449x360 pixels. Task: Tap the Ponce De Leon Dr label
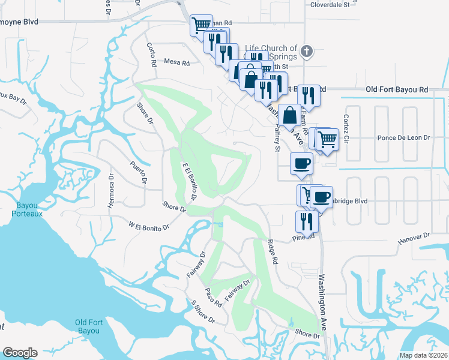[404, 137]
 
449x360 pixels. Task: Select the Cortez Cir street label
[346, 125]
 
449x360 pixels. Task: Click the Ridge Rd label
[273, 252]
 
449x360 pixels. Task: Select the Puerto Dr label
[140, 173]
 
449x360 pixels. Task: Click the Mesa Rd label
[176, 62]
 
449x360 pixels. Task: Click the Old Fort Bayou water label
[92, 326]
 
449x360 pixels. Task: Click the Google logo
[20, 353]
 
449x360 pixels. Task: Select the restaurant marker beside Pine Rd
[307, 221]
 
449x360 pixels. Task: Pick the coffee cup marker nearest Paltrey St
[301, 163]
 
